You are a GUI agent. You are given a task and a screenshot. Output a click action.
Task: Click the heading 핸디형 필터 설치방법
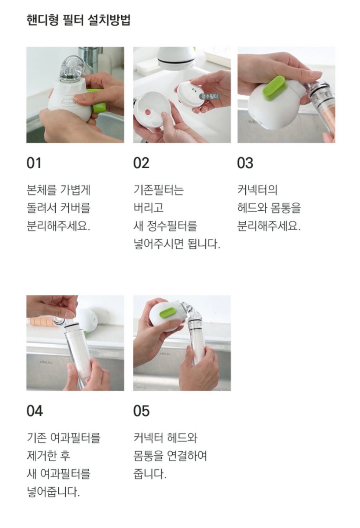tap(78, 20)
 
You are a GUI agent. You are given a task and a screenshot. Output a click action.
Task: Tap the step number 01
tap(34, 163)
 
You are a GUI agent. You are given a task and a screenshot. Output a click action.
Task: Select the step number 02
tap(141, 163)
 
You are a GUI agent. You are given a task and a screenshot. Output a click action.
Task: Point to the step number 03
tap(245, 163)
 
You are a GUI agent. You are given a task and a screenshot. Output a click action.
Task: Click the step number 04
tap(34, 411)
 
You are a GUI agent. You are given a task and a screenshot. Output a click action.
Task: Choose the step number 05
tap(142, 411)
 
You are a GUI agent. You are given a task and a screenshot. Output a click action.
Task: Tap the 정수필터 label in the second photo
tap(210, 96)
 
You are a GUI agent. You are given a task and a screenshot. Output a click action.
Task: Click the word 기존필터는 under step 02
tap(158, 190)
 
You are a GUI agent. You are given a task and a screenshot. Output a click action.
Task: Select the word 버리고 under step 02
tap(148, 208)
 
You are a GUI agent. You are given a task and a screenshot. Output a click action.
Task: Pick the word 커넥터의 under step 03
tap(257, 190)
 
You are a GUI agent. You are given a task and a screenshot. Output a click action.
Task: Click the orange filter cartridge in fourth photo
tap(43, 322)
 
